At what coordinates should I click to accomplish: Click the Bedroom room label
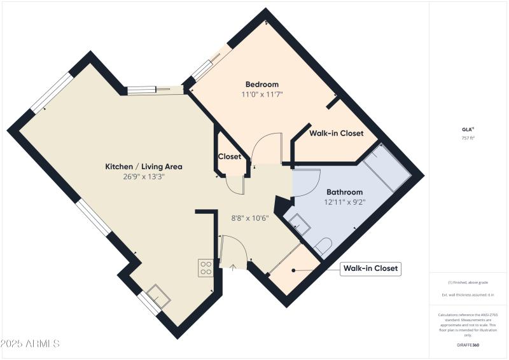[x=262, y=84]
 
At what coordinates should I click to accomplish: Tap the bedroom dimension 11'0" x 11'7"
[x=262, y=94]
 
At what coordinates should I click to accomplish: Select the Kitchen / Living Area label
[x=144, y=167]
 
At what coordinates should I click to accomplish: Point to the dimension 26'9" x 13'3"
[x=144, y=176]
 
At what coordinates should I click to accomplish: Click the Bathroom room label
[x=344, y=192]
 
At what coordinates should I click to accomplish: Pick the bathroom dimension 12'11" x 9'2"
[x=344, y=202]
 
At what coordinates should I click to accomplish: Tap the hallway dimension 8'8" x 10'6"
[x=249, y=218]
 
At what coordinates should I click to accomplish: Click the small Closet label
[x=230, y=156]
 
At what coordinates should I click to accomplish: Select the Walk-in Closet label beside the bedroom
[x=336, y=134]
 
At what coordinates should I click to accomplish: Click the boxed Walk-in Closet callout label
[x=371, y=268]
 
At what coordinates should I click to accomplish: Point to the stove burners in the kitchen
[x=206, y=268]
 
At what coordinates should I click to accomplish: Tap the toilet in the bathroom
[x=322, y=246]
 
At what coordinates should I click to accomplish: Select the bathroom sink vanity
[x=297, y=223]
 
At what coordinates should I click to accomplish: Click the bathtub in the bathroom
[x=387, y=168]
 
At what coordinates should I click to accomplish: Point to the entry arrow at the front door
[x=232, y=267]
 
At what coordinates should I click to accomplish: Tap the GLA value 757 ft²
[x=468, y=138]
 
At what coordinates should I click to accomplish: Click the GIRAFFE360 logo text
[x=468, y=345]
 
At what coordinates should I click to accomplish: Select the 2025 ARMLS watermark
[x=30, y=343]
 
